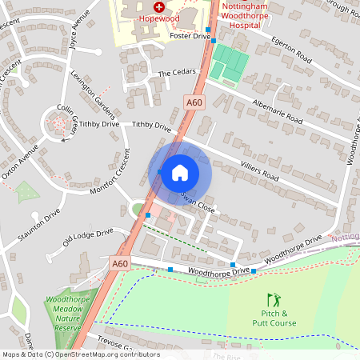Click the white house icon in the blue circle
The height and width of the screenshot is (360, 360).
tap(180, 173)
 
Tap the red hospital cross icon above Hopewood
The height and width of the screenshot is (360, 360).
tap(159, 6)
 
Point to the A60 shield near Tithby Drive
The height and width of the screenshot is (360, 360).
tap(194, 102)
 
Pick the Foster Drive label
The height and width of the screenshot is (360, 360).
tap(190, 37)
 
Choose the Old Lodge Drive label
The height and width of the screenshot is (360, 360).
tap(88, 237)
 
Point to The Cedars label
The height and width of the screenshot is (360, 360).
tap(176, 74)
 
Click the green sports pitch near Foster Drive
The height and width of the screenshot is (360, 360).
tap(230, 63)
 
